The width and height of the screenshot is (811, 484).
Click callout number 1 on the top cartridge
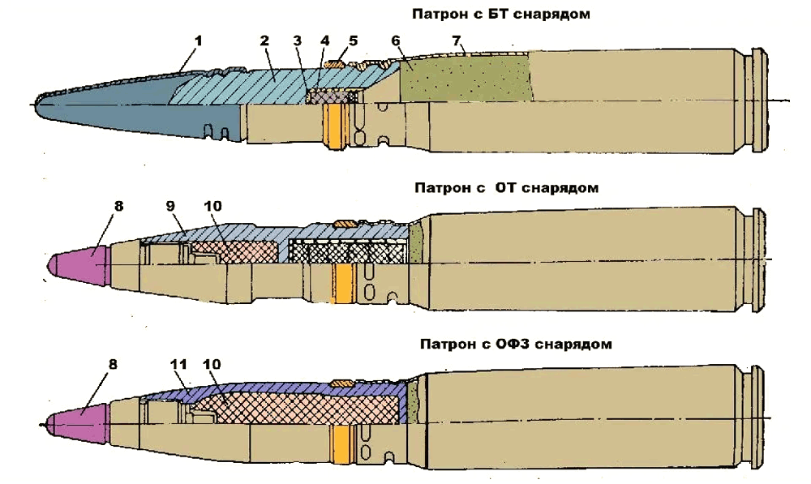198,40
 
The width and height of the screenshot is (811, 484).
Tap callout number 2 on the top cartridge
264,40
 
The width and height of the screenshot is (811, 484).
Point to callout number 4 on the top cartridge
325,40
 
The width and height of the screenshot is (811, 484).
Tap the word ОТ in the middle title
506,188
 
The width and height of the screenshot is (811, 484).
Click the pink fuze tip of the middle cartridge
77,261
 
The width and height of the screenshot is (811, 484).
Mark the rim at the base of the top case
759,100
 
